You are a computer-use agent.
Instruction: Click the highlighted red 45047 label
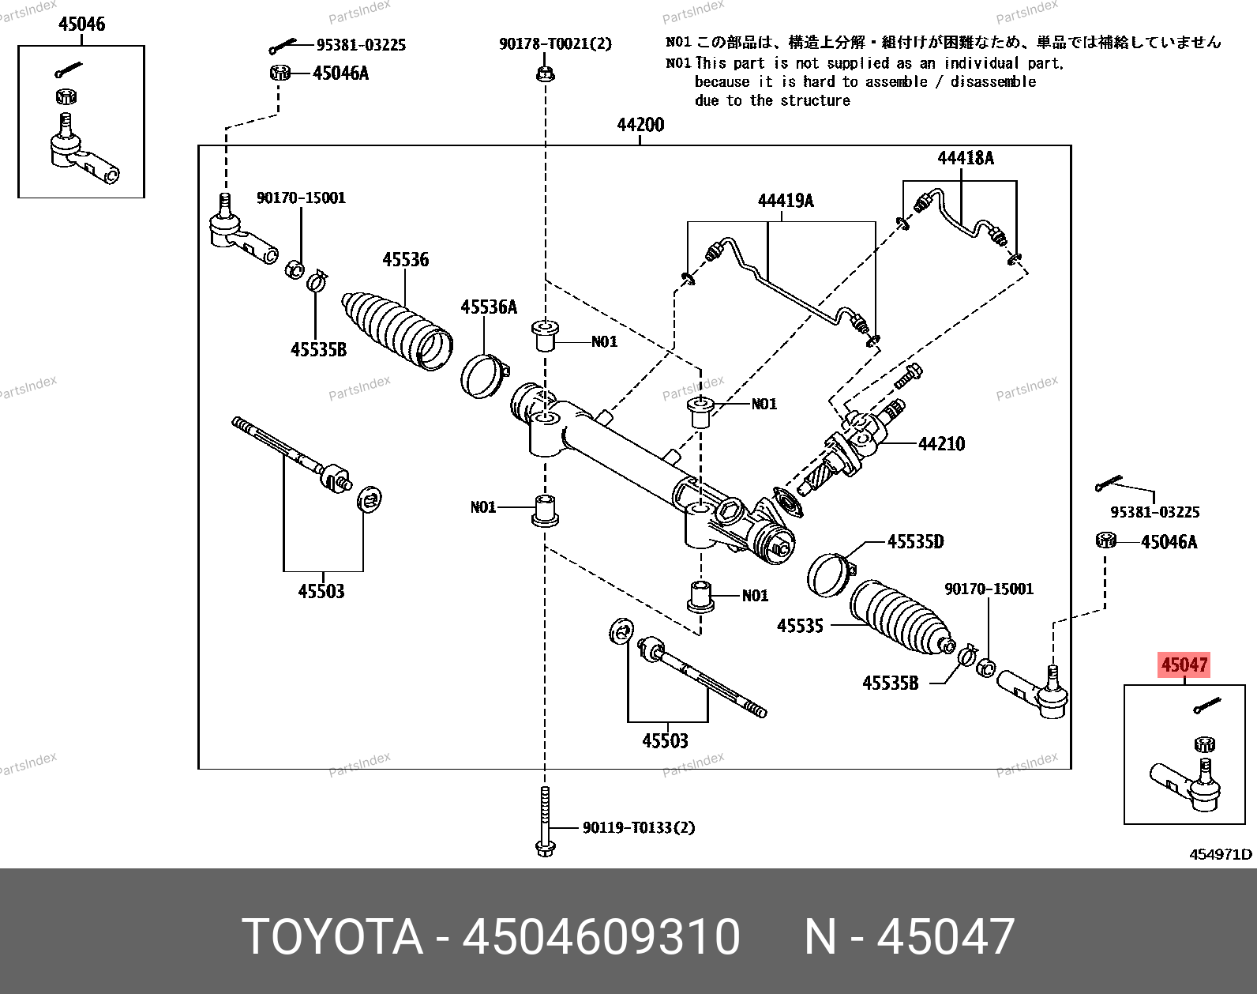1184,665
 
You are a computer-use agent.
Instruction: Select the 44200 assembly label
640,125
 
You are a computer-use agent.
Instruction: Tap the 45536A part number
489,307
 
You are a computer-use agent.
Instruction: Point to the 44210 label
941,444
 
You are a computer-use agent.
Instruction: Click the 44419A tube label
785,201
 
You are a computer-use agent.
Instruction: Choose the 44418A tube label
965,158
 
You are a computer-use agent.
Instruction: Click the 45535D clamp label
915,542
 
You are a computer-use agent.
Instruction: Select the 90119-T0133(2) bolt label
639,827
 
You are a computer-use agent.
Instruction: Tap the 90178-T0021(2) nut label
555,44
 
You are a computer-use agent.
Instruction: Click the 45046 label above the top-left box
81,24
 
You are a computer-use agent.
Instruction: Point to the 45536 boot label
405,259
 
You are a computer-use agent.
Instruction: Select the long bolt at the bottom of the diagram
545,822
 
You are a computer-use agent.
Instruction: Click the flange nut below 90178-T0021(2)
545,74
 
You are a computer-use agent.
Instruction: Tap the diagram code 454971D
1221,854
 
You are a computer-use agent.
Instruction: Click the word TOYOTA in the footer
332,937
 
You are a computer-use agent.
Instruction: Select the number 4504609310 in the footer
601,937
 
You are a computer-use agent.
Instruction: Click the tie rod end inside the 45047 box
1188,785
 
